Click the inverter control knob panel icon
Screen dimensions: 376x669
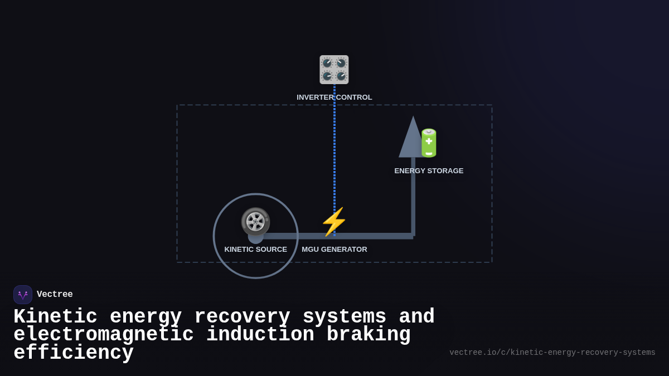pyautogui.click(x=334, y=70)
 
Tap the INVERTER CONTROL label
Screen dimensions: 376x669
pyautogui.click(x=334, y=97)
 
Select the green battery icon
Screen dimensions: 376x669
pyautogui.click(x=429, y=143)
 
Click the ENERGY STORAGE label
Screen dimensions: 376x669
pyautogui.click(x=429, y=171)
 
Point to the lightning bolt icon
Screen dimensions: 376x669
pyautogui.click(x=334, y=222)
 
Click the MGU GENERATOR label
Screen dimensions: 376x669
pyautogui.click(x=334, y=250)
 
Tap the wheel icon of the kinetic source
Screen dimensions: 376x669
pyautogui.click(x=255, y=222)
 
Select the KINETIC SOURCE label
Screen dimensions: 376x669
pyautogui.click(x=255, y=250)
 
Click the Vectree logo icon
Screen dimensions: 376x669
pyautogui.click(x=23, y=295)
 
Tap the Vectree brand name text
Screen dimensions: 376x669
pyautogui.click(x=55, y=295)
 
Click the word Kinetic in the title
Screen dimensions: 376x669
pyautogui.click(x=55, y=317)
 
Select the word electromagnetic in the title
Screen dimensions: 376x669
pyautogui.click(x=103, y=335)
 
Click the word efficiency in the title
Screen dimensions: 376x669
pyautogui.click(x=73, y=353)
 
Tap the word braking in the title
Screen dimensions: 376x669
pyautogui.click(x=369, y=335)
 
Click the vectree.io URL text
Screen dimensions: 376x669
pyautogui.click(x=552, y=353)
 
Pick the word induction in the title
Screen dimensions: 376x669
pyautogui.click(x=260, y=335)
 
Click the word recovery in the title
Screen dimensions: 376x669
pyautogui.click(x=242, y=317)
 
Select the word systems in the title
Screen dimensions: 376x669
pyautogui.click(x=345, y=317)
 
